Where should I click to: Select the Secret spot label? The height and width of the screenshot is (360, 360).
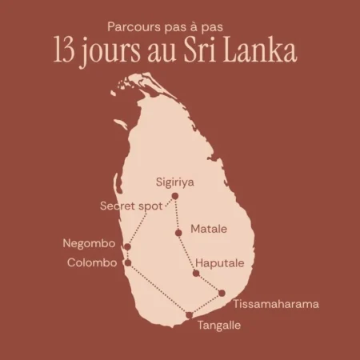tap(130, 206)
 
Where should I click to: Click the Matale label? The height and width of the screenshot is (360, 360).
tap(209, 229)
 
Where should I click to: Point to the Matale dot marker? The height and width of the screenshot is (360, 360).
tap(178, 233)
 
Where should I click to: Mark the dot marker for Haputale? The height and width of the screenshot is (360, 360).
tap(196, 274)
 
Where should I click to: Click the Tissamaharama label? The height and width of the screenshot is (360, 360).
tap(275, 304)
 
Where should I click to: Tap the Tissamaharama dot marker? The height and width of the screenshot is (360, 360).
tap(222, 293)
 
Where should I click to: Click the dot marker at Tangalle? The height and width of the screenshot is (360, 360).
tap(189, 315)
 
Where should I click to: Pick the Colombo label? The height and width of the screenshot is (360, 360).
tap(93, 262)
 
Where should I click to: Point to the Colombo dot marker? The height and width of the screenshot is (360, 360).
tap(127, 262)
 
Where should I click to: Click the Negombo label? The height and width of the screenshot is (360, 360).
tap(90, 243)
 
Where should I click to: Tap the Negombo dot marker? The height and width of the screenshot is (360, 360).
tap(126, 246)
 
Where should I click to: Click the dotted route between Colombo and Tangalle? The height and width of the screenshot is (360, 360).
tap(158, 289)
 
